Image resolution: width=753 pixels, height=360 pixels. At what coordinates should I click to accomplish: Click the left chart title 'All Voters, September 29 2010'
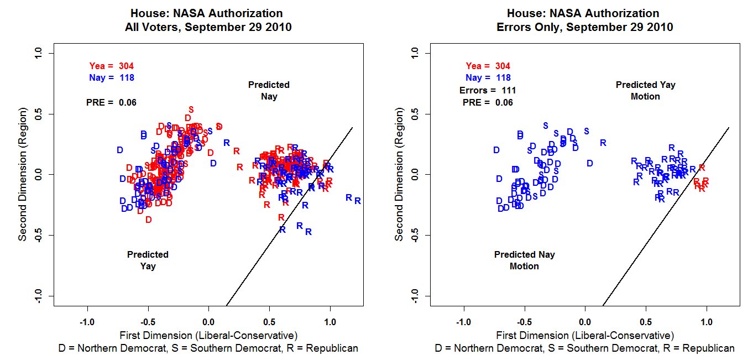[208, 27]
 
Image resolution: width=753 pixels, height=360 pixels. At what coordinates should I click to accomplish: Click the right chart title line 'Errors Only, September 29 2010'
[585, 27]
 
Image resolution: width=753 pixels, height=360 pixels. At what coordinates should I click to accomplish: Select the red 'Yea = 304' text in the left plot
[112, 66]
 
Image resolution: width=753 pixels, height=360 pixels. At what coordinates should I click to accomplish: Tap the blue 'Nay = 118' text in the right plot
[488, 78]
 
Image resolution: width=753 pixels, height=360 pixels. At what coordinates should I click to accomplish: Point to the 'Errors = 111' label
[488, 90]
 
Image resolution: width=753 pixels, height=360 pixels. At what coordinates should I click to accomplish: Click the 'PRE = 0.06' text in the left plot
[111, 102]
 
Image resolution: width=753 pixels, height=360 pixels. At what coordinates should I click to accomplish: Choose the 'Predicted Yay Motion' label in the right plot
[645, 91]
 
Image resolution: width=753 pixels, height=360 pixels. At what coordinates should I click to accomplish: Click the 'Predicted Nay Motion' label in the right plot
[524, 260]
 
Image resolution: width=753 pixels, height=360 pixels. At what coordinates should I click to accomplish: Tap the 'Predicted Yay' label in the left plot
[148, 260]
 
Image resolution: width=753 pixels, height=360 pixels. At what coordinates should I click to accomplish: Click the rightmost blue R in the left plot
[358, 201]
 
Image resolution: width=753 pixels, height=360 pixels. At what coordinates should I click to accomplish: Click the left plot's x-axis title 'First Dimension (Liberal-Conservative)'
[208, 335]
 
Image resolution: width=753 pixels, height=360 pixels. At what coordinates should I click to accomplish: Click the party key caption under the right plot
[585, 348]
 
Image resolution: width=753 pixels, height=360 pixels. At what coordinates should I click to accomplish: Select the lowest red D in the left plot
[148, 220]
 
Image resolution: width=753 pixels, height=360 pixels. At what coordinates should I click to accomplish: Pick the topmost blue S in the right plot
[546, 126]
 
